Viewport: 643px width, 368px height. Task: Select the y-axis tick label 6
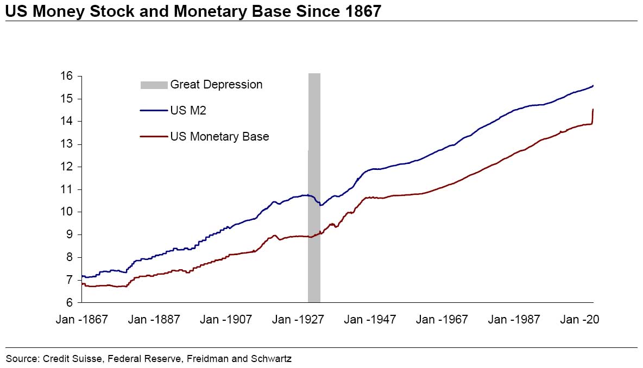click(70, 302)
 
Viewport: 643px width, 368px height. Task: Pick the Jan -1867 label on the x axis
click(82, 320)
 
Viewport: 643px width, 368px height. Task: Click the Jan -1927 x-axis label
click(298, 320)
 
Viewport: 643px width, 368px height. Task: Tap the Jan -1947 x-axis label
click(370, 320)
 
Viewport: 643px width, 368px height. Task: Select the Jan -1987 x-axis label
click(514, 320)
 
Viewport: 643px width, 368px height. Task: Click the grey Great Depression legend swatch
click(154, 85)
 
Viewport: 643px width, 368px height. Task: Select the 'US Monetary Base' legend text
click(219, 137)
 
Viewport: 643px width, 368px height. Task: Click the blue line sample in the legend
click(154, 111)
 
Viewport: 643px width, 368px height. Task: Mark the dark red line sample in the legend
click(154, 137)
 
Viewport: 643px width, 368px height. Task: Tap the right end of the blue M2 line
click(592, 86)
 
